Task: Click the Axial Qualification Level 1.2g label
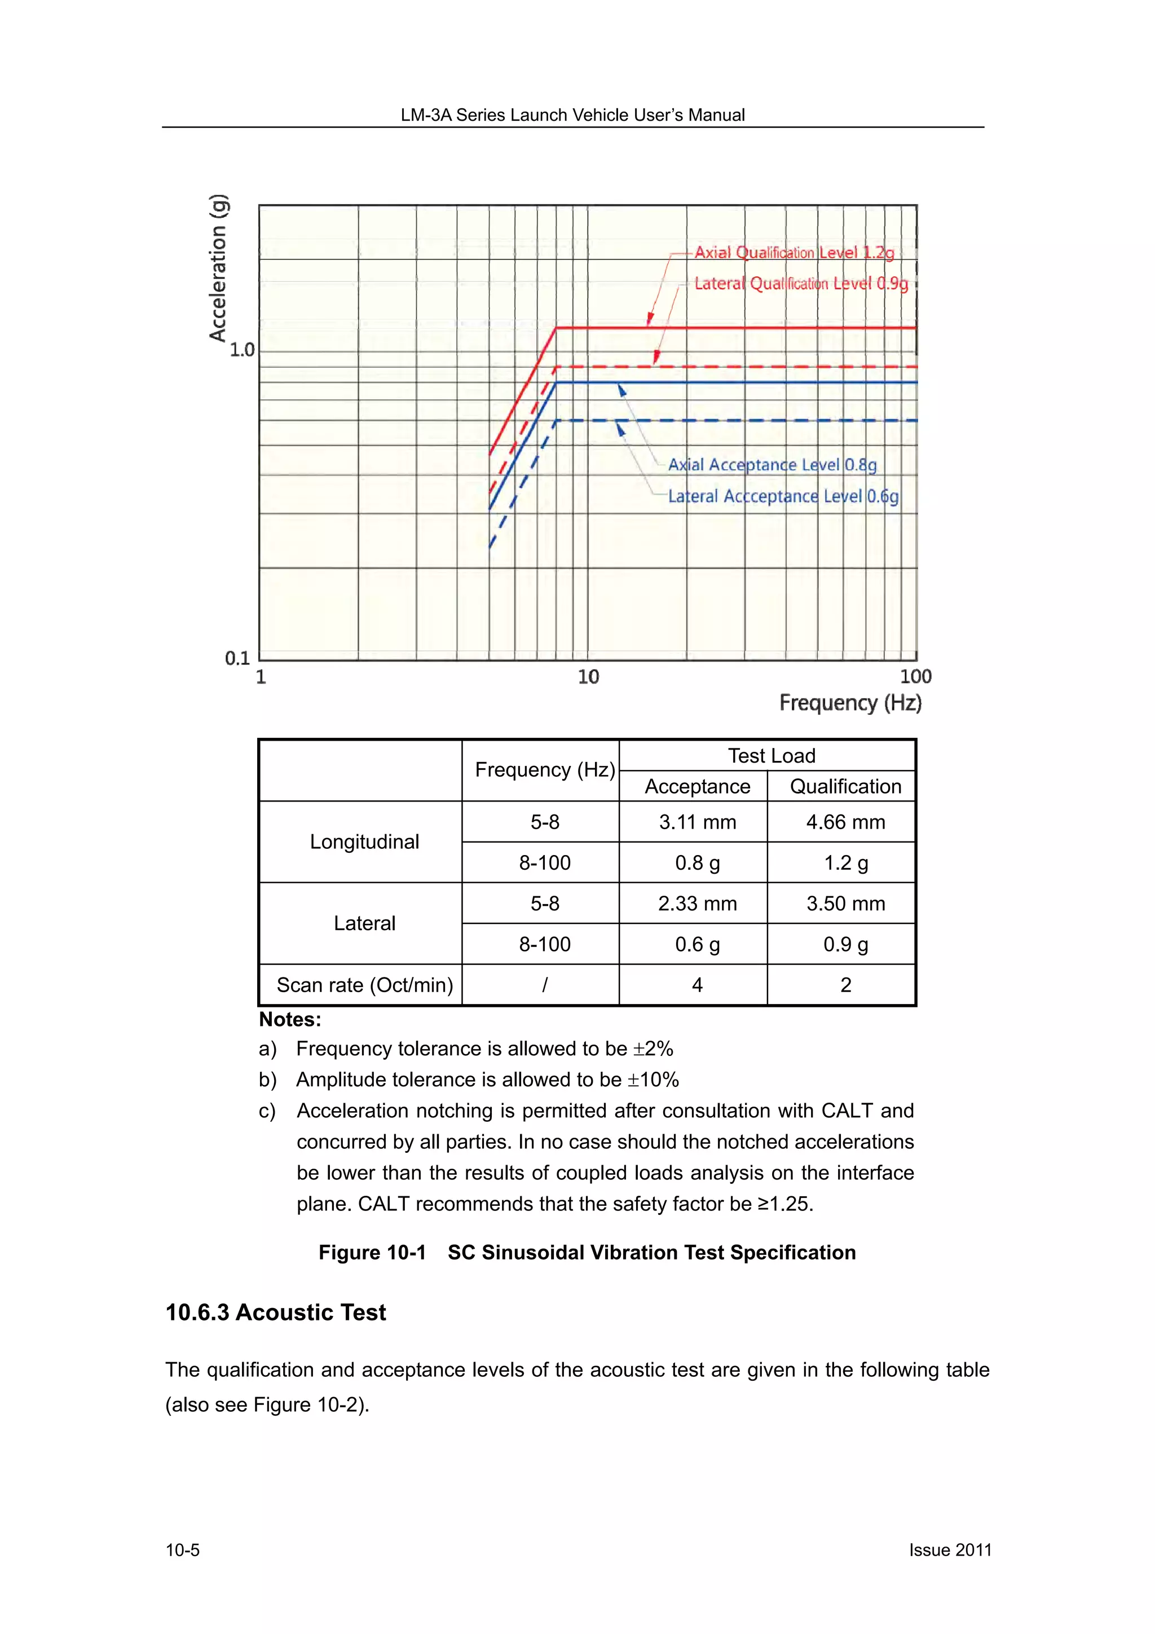click(x=793, y=253)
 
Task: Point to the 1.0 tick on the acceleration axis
click(x=242, y=350)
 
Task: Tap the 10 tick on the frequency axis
click(x=588, y=677)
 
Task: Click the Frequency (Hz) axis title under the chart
click(x=850, y=703)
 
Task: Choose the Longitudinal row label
click(x=364, y=842)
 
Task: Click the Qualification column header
click(x=845, y=786)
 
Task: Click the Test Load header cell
click(x=771, y=756)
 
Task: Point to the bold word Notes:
click(x=290, y=1020)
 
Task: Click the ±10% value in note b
click(x=653, y=1080)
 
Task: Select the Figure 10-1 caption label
click(x=372, y=1253)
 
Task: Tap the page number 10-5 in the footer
click(x=183, y=1550)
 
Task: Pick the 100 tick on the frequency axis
click(x=915, y=677)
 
